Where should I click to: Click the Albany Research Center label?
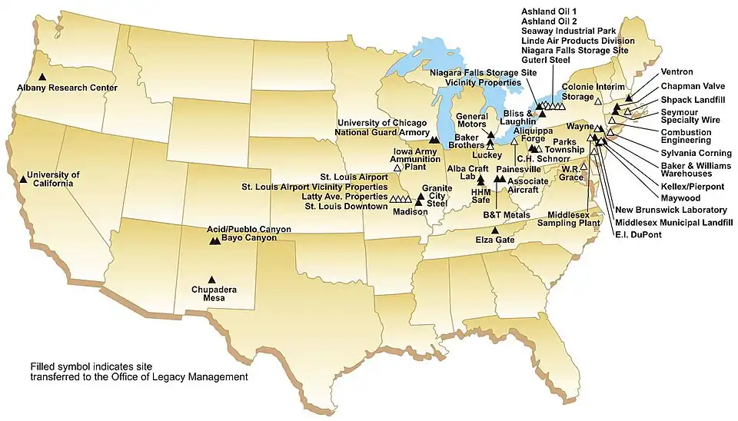pos(67,88)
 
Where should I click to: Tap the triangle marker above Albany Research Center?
pos(43,77)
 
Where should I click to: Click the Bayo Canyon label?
pos(248,238)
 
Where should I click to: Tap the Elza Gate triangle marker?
pos(495,230)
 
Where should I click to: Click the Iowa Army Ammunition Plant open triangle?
pos(397,167)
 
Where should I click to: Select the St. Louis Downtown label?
pos(346,206)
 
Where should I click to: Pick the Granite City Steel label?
pos(437,195)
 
